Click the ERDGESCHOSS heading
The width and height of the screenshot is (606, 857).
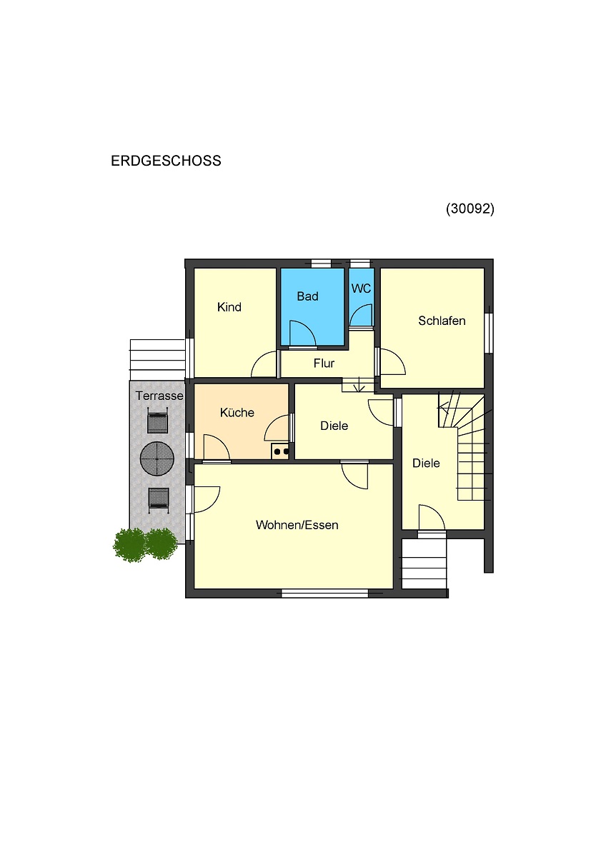tap(166, 161)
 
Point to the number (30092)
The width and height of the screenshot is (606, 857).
tap(470, 209)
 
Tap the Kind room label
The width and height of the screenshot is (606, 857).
tap(229, 307)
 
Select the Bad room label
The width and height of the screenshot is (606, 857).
tap(307, 296)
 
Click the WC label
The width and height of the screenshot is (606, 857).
tap(361, 289)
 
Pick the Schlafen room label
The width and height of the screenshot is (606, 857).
tap(442, 321)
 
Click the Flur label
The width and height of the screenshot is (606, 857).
tap(324, 363)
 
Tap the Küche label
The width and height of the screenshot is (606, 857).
tap(237, 413)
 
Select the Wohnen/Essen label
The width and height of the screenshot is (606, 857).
tap(297, 525)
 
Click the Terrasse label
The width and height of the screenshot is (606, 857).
tap(159, 396)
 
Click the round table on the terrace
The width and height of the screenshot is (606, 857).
tap(157, 458)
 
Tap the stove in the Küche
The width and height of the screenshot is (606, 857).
tap(280, 451)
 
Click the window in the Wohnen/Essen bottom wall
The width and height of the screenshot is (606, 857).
tap(324, 593)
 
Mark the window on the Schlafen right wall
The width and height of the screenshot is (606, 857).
tap(489, 333)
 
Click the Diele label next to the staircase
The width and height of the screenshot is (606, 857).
tap(426, 463)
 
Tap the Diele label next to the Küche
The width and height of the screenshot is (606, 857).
tap(334, 426)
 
